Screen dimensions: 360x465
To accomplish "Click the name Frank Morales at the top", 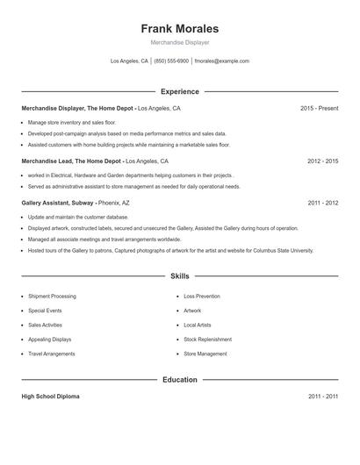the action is (x=179, y=29).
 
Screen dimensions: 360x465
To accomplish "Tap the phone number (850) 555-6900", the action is (x=171, y=61).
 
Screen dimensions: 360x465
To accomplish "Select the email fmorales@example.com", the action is (x=221, y=61).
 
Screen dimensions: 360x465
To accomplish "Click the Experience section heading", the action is (x=179, y=91).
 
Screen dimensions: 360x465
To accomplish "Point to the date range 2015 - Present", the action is (x=319, y=108).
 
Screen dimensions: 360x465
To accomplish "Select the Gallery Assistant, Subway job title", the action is (x=58, y=203).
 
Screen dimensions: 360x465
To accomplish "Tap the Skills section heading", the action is (x=179, y=275).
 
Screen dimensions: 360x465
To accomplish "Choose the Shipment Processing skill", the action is (x=52, y=297).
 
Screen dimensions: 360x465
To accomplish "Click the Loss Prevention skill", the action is (x=202, y=297).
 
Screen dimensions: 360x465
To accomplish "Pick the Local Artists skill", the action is (x=198, y=325).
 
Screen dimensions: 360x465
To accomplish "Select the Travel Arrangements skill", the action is (x=53, y=354).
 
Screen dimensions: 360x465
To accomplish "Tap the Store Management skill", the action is (x=205, y=354).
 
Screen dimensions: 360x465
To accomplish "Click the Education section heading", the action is (x=179, y=380).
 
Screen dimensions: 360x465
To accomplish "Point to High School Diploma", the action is (x=50, y=397).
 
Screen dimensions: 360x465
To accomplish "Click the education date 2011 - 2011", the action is (x=323, y=397).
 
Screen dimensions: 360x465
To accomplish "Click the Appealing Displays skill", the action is (x=50, y=339).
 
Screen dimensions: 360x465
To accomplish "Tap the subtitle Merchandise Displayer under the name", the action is (x=179, y=42).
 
